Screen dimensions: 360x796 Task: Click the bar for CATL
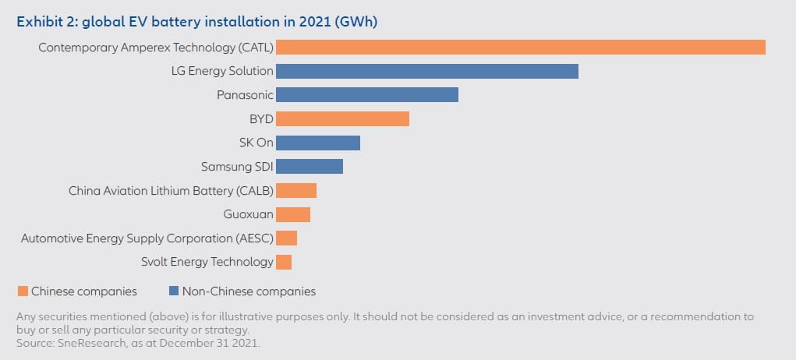(521, 48)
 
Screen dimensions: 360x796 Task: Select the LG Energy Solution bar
(427, 71)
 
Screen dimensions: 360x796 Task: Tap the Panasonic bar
(367, 95)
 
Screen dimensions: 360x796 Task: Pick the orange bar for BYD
(342, 119)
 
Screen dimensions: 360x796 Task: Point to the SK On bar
(318, 143)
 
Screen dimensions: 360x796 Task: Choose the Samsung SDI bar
(310, 167)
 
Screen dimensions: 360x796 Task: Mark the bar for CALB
(296, 190)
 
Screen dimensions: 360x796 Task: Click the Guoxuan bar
(293, 214)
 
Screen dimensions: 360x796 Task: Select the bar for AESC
(286, 238)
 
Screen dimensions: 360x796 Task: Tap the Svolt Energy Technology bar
(284, 262)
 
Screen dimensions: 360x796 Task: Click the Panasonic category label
(245, 95)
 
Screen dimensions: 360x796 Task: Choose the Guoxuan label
(249, 214)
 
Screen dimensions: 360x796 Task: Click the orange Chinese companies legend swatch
(22, 291)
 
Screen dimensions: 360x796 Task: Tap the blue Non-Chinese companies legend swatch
(174, 291)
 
